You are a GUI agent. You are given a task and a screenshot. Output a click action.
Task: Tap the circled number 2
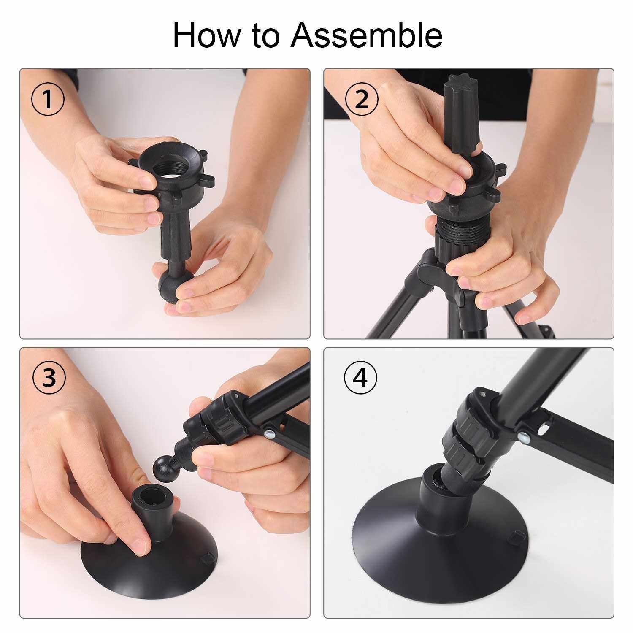coord(362,100)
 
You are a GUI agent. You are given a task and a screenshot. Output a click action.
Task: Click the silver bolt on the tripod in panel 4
coord(524,436)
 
